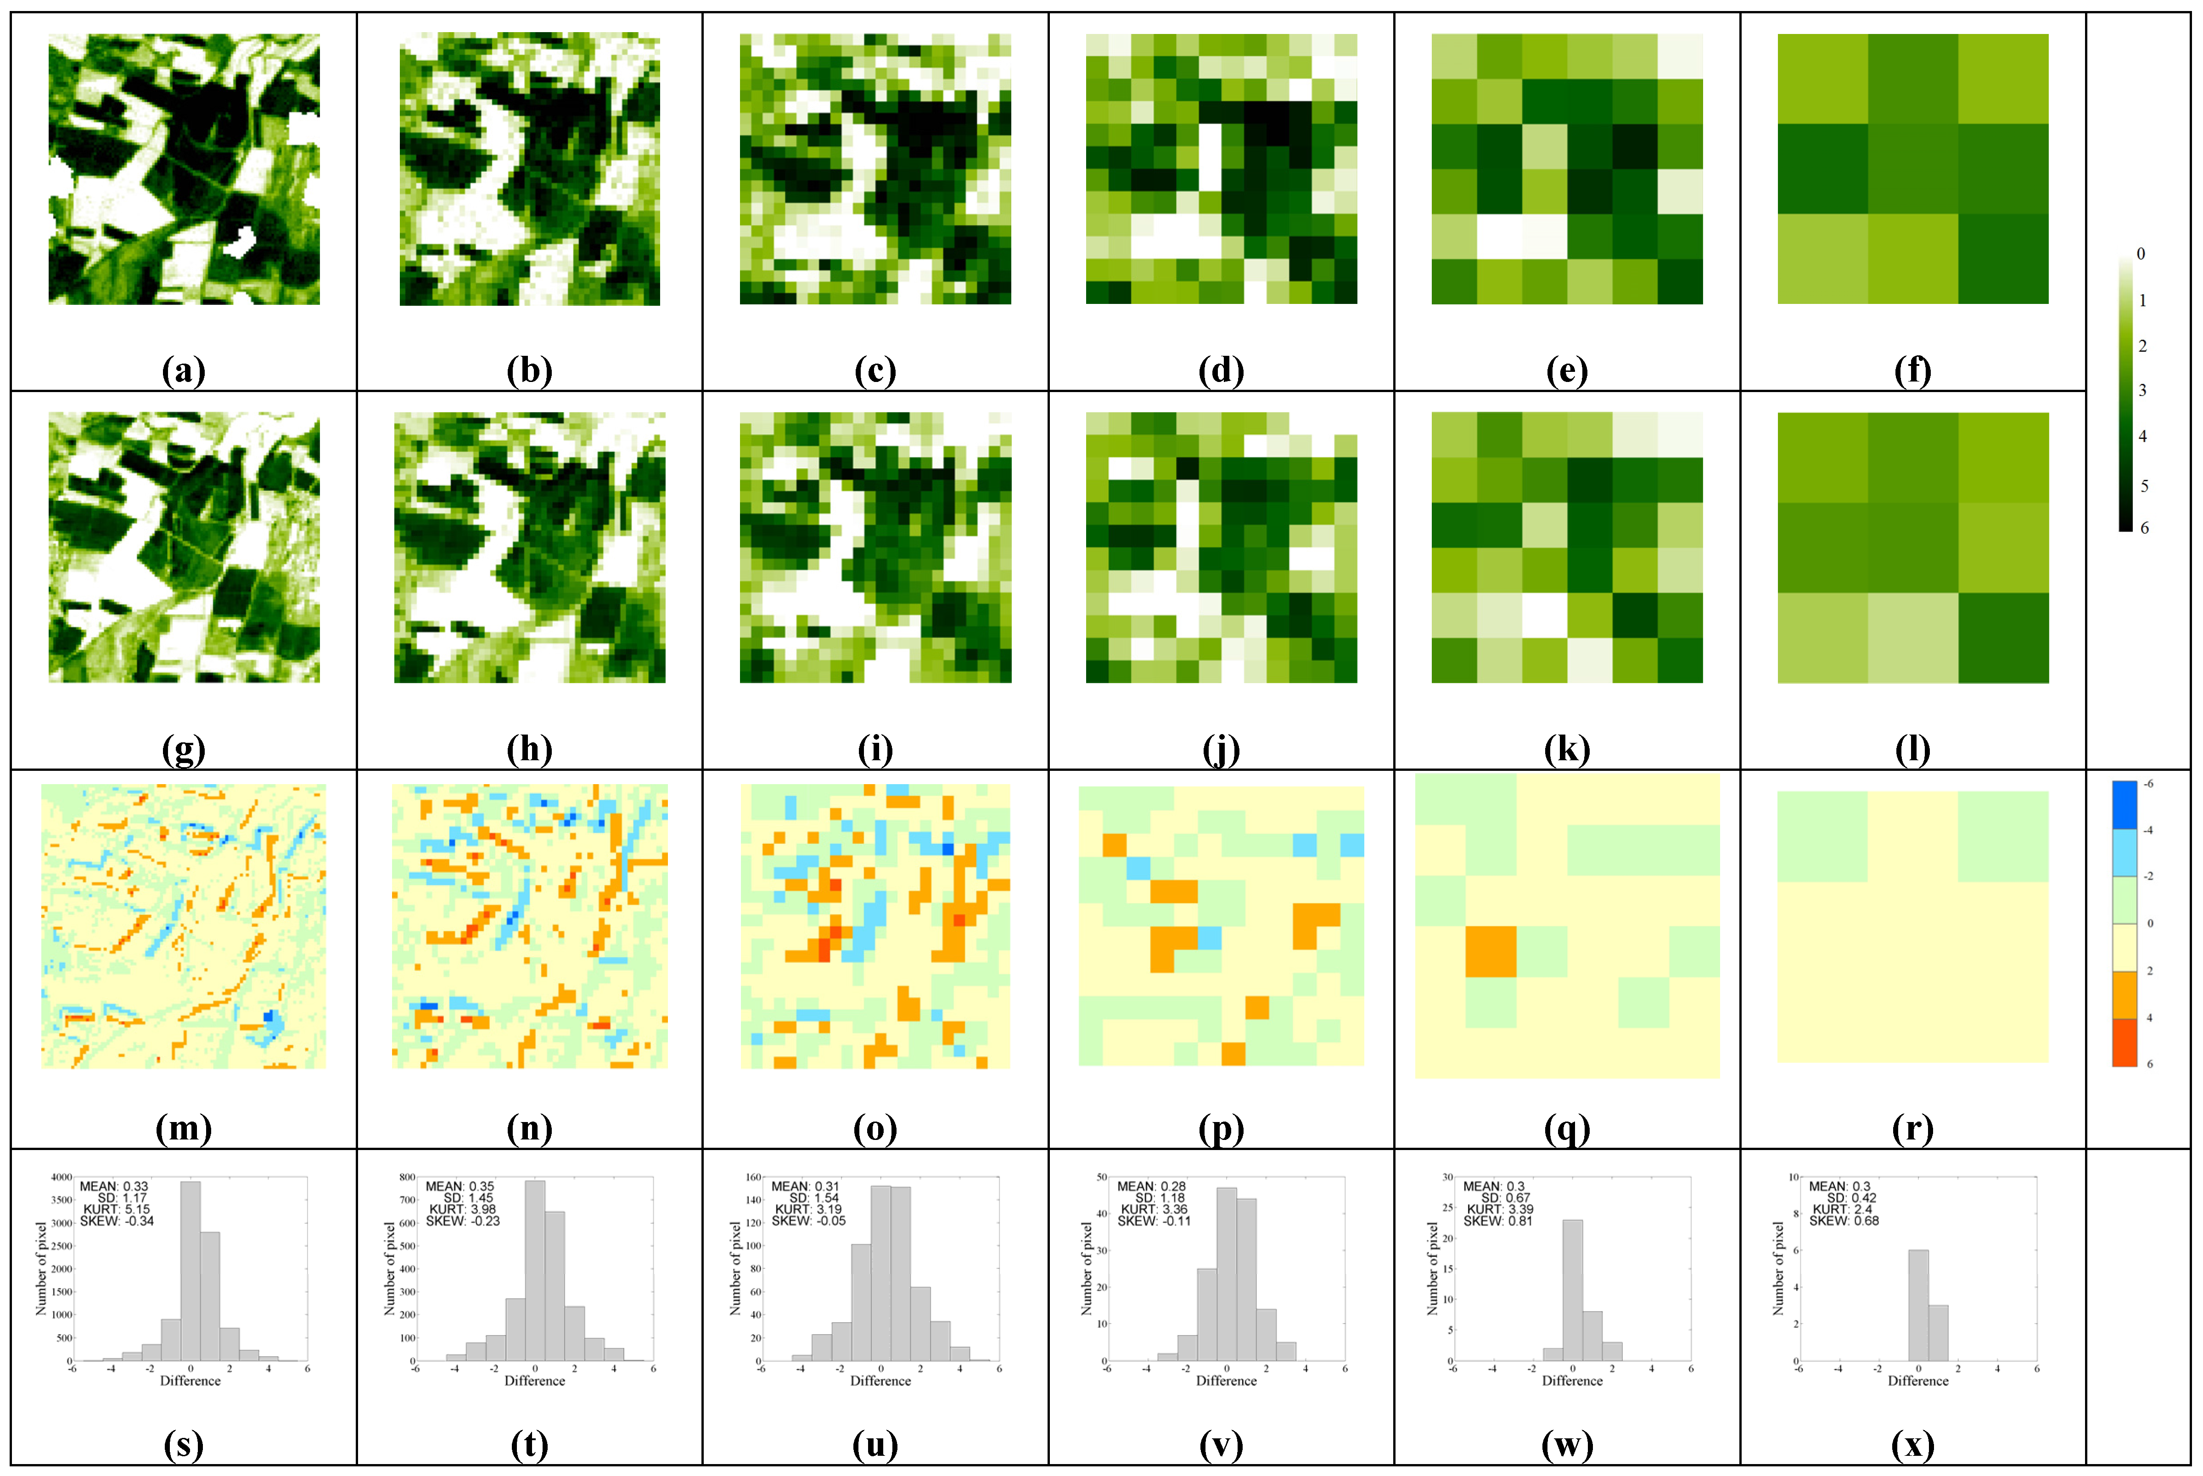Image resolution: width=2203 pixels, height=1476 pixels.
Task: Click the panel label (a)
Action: [184, 371]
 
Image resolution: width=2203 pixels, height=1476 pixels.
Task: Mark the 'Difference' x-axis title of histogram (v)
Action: [1226, 1381]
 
